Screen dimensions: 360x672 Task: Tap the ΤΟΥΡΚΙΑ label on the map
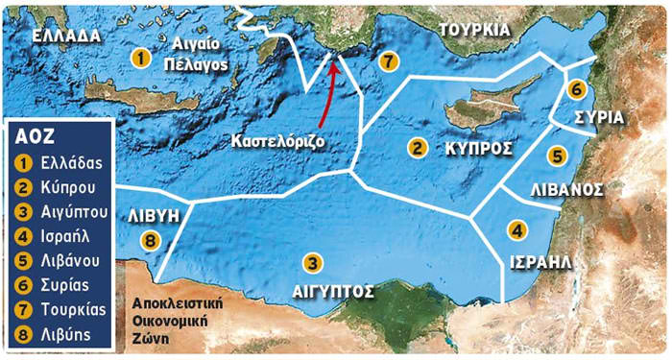473,29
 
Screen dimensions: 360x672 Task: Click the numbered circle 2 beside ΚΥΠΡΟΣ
418,148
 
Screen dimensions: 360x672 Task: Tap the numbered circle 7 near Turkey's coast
388,61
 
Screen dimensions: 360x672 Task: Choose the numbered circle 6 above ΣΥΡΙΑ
575,89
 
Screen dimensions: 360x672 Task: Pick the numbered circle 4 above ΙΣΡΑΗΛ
517,230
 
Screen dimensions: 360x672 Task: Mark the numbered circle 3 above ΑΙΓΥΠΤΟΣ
312,261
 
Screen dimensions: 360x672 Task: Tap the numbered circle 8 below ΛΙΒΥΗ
149,240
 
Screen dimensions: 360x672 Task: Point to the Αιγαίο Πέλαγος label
195,56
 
